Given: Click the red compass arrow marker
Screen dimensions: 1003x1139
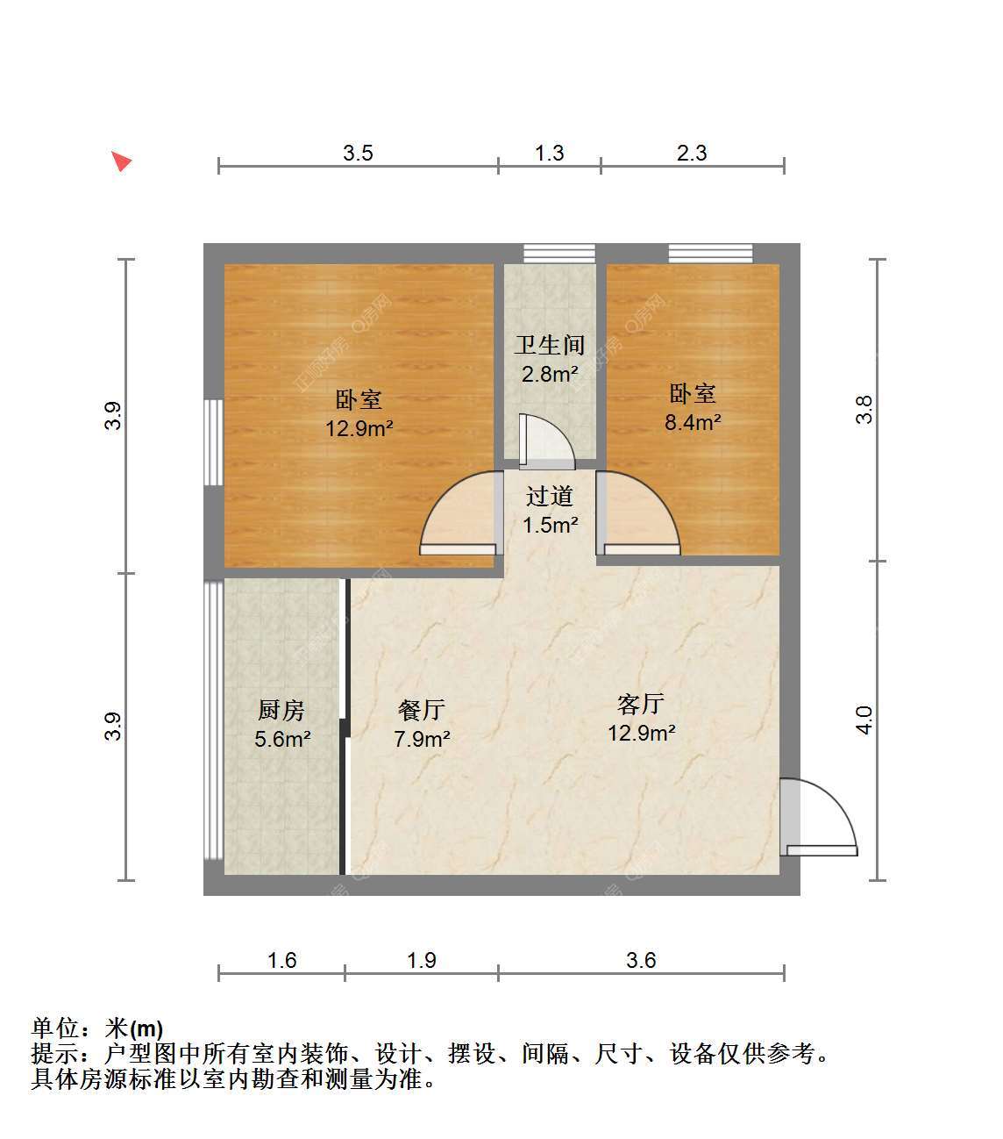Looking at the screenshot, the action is pos(121,161).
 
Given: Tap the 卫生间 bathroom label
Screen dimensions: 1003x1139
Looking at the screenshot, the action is pos(550,345).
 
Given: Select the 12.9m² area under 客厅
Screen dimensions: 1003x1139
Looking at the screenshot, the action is pos(641,733).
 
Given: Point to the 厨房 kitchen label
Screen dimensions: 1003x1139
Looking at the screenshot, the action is pos(281,710).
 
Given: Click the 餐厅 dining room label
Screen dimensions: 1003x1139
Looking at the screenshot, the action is pos(422,710).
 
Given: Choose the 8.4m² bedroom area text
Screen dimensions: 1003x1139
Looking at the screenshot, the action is pos(693,422).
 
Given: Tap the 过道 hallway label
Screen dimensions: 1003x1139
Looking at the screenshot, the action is pos(550,496).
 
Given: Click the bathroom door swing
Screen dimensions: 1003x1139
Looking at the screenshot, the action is pos(546,441).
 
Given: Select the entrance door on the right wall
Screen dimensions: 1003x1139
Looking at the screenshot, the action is pos(818,817).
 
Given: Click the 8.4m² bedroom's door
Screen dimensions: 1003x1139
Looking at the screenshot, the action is pos(638,513).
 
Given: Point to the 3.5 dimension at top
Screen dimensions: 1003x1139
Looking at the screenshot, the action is pos(358,153).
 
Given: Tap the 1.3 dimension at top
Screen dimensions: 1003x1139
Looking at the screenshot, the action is pos(549,153).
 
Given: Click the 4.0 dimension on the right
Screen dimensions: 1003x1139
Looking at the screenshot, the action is pos(864,720).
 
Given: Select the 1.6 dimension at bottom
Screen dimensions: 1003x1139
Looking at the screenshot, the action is pos(281,960).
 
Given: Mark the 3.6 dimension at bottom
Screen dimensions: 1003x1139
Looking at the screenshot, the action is pos(641,960).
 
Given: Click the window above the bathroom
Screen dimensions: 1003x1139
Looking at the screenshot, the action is pos(559,253).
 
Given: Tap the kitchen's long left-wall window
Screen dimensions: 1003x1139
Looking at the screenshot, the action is pos(214,720).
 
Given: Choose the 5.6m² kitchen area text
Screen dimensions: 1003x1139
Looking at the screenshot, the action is pos(282,739).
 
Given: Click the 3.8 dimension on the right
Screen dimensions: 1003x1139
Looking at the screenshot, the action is pos(864,410).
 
